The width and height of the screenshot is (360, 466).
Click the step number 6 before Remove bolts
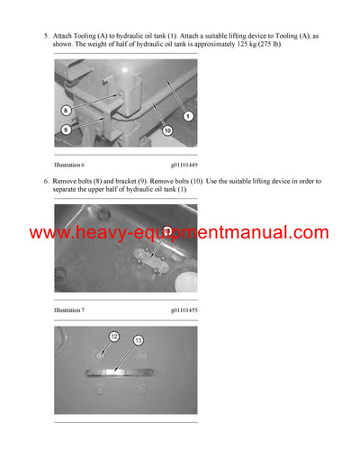(45, 181)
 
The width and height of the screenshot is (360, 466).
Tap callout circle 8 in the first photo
(66, 110)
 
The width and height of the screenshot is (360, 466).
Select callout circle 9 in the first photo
(66, 130)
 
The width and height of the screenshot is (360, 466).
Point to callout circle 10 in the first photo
(166, 130)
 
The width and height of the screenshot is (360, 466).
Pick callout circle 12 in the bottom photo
(114, 337)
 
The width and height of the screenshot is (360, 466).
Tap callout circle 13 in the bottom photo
(138, 342)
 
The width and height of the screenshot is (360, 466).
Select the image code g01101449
(184, 165)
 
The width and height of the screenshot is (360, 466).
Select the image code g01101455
(184, 310)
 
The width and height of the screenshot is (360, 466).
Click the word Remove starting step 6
(65, 181)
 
